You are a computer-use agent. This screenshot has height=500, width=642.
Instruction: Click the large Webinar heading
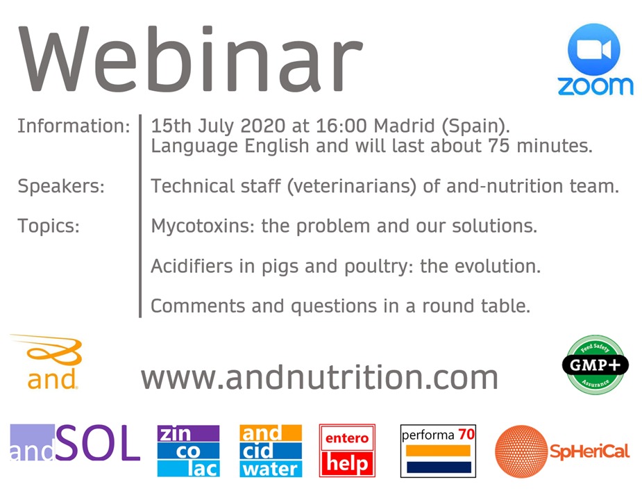pyautogui.click(x=190, y=58)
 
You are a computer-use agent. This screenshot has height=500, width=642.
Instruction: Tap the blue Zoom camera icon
pyautogui.click(x=594, y=49)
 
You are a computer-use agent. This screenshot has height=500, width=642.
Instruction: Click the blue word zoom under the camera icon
pyautogui.click(x=595, y=85)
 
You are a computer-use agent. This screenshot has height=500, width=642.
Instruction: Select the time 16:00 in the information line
pyautogui.click(x=341, y=126)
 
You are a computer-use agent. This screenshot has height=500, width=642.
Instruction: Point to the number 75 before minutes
pyautogui.click(x=499, y=146)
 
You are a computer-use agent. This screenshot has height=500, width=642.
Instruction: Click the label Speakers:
pyautogui.click(x=61, y=187)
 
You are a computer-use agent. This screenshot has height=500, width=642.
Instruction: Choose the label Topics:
pyautogui.click(x=49, y=226)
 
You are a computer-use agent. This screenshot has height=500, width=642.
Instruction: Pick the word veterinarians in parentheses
pyautogui.click(x=352, y=187)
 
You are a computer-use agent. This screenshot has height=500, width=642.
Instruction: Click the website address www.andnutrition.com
pyautogui.click(x=319, y=377)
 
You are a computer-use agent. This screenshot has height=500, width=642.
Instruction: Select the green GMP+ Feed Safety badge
pyautogui.click(x=595, y=365)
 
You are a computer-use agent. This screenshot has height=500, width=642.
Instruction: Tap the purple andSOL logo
pyautogui.click(x=75, y=442)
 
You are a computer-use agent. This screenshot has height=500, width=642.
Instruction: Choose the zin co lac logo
pyautogui.click(x=188, y=451)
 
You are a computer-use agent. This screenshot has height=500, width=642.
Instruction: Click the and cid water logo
pyautogui.click(x=271, y=451)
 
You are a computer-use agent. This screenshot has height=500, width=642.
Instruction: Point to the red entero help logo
pyautogui.click(x=347, y=451)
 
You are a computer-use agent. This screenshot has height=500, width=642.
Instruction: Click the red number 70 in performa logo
pyautogui.click(x=466, y=434)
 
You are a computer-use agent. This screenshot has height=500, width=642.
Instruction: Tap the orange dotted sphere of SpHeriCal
pyautogui.click(x=521, y=451)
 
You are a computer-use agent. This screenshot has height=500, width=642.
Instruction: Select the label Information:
pyautogui.click(x=74, y=126)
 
